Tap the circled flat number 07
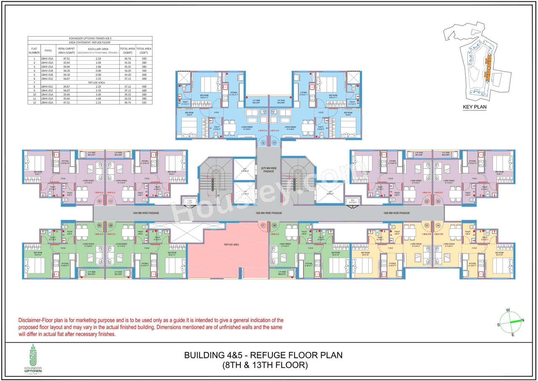coord(263,226)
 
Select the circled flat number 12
coord(263,143)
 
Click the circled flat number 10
coord(100,202)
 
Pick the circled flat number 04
coord(438,226)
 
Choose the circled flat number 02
coord(427,202)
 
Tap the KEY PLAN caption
coord(475,107)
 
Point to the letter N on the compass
coord(522,320)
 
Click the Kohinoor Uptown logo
coord(34,358)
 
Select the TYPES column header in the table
coord(48,51)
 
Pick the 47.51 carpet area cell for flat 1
coord(66,59)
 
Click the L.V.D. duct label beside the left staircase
coord(190,201)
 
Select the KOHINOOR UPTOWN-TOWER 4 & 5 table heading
coord(90,38)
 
